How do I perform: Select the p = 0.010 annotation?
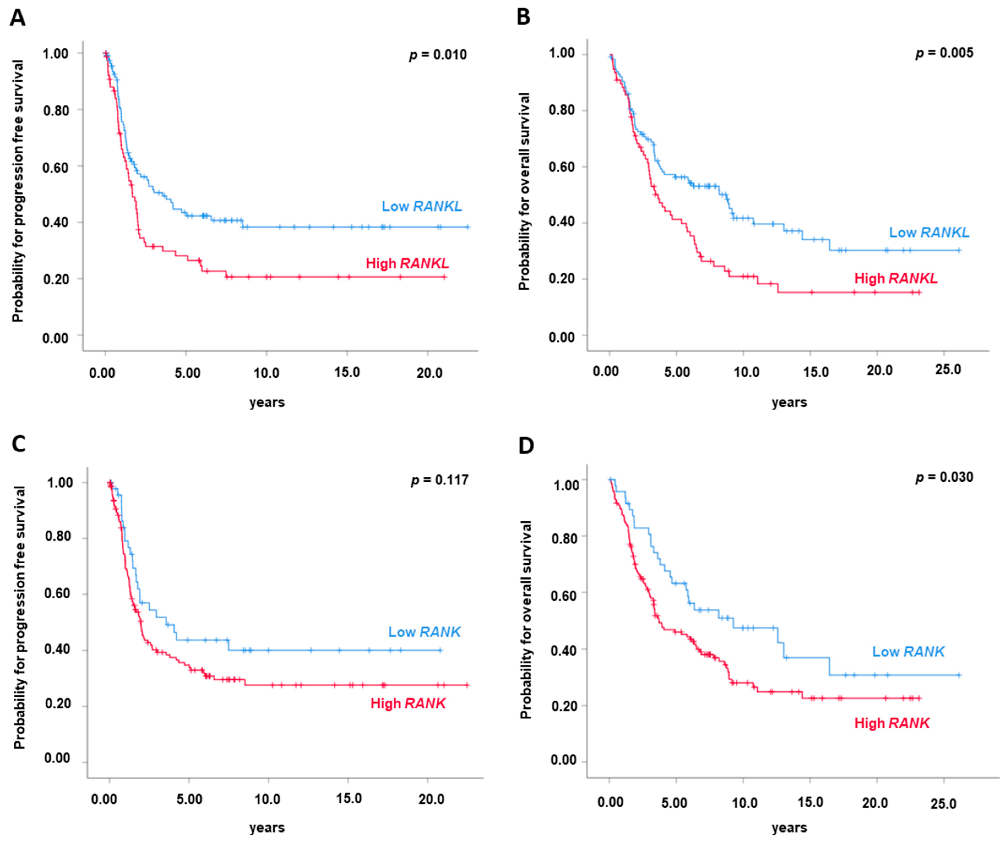click(x=438, y=55)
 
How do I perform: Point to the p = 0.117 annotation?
click(x=440, y=480)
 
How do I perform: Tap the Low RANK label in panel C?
click(x=424, y=632)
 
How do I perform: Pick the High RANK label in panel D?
click(x=892, y=723)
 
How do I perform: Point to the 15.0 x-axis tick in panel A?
click(x=347, y=373)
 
